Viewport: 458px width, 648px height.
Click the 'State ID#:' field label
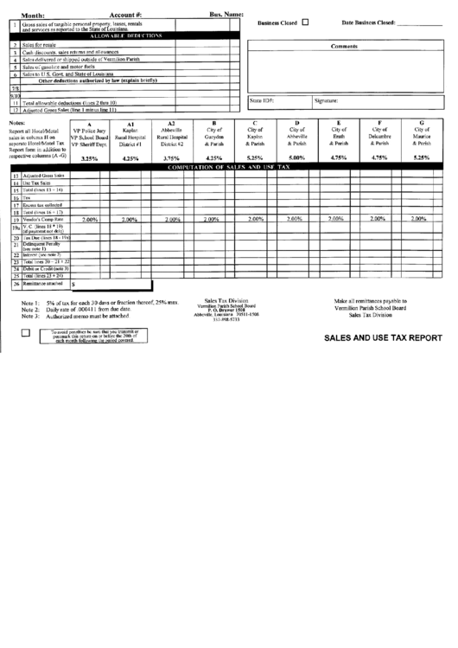[262, 101]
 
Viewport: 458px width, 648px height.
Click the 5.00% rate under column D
[296, 157]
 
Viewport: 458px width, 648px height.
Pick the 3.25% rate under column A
[89, 158]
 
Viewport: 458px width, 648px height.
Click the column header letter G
[421, 123]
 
